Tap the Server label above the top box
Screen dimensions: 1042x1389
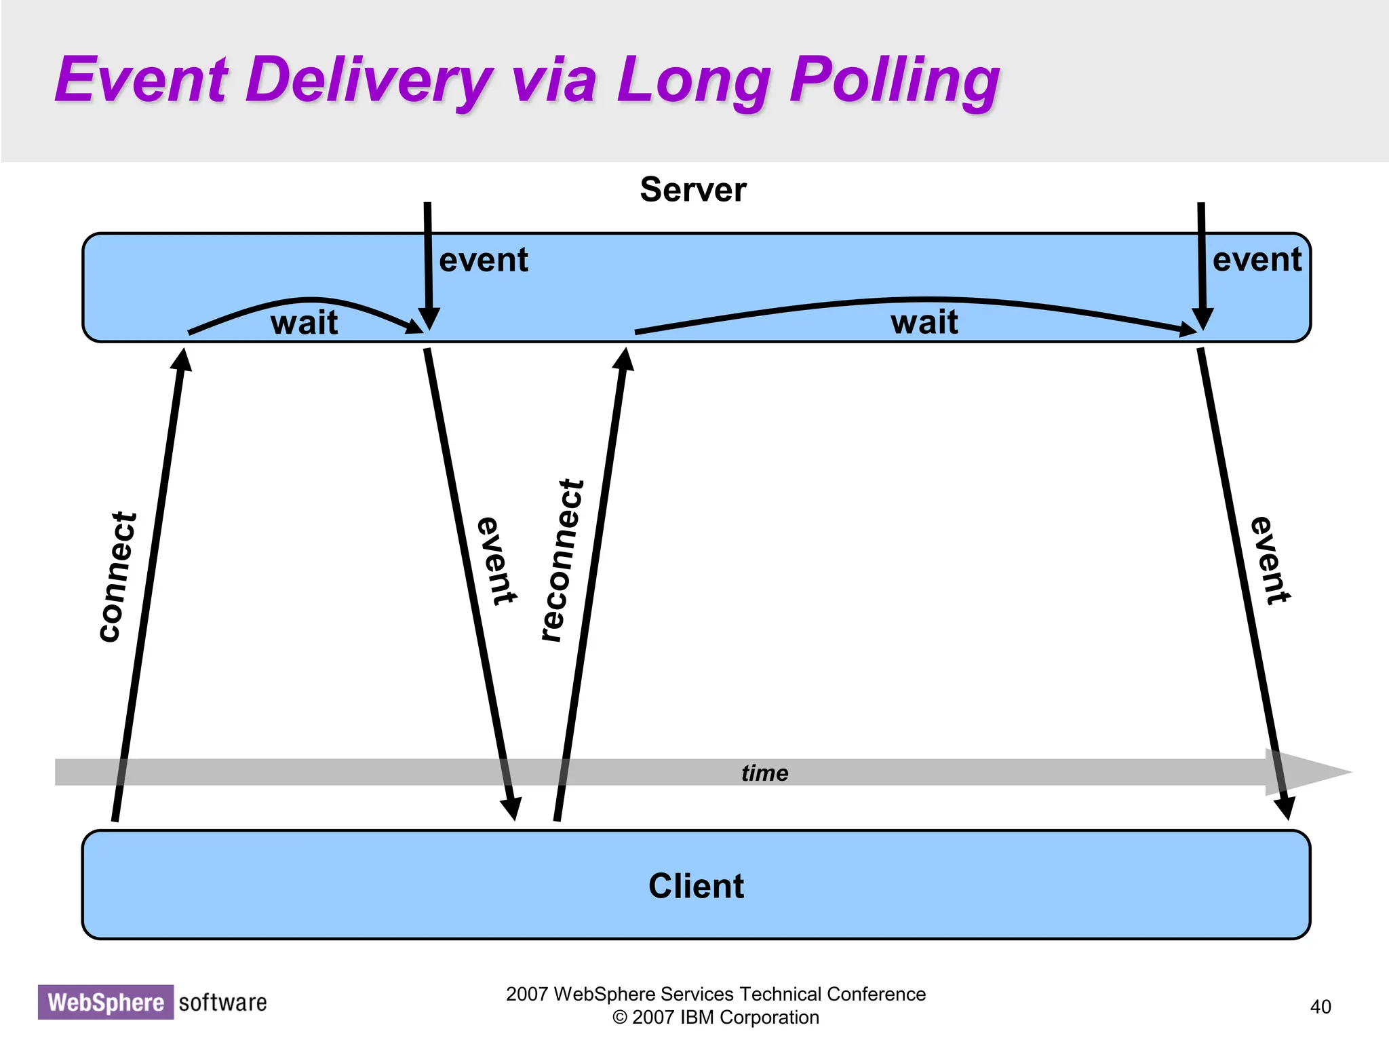click(x=692, y=189)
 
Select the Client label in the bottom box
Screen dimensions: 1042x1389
click(x=696, y=886)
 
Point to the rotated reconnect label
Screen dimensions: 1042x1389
click(x=562, y=560)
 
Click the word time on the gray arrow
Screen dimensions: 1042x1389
click(x=764, y=773)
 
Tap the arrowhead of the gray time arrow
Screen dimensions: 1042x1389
click(x=1309, y=772)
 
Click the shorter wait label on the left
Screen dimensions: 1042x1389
click(x=304, y=322)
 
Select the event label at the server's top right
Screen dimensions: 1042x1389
click(x=1257, y=260)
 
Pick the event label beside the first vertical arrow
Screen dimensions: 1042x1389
click(x=483, y=260)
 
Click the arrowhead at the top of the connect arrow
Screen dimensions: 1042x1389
click(x=182, y=360)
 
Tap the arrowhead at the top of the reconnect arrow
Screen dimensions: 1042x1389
click(x=624, y=359)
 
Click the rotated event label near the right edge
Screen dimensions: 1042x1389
click(x=1270, y=560)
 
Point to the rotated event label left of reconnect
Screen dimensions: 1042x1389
click(x=497, y=561)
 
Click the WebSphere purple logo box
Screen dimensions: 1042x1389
click(x=106, y=1002)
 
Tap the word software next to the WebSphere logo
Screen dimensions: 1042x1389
click(x=222, y=1002)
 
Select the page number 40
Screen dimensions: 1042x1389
click(x=1320, y=1007)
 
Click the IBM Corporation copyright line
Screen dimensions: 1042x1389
click(x=716, y=1018)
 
